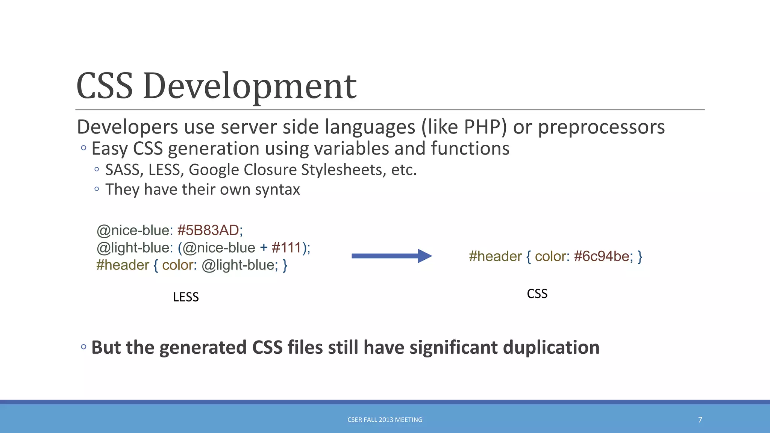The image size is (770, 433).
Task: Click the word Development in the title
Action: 250,86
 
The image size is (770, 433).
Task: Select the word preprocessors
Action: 601,127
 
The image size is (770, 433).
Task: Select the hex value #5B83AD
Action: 208,230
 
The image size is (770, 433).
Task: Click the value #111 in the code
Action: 286,248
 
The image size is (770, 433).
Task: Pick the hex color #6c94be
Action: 602,256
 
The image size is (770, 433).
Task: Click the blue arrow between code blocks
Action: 391,256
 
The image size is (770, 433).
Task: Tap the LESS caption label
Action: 186,297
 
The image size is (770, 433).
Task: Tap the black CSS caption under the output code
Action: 537,294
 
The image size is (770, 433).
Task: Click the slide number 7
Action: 700,419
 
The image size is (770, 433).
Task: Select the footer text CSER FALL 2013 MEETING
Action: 385,419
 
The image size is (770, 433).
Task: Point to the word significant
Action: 453,347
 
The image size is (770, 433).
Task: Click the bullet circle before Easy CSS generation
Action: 83,148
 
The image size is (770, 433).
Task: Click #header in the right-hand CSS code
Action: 495,256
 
